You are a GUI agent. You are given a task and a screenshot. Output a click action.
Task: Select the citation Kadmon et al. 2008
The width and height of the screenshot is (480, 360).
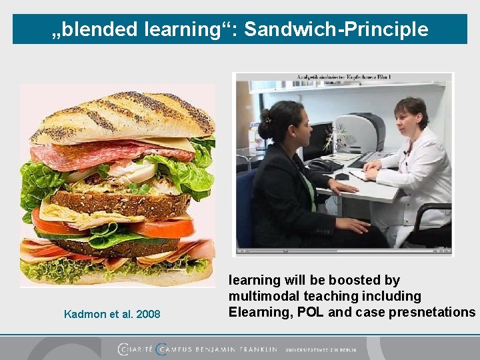(112, 314)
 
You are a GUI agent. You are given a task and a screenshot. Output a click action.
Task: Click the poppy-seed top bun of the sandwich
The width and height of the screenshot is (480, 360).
(120, 117)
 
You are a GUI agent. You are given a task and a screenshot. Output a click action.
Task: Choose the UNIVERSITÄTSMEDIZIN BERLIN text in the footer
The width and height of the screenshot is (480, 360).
(321, 349)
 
